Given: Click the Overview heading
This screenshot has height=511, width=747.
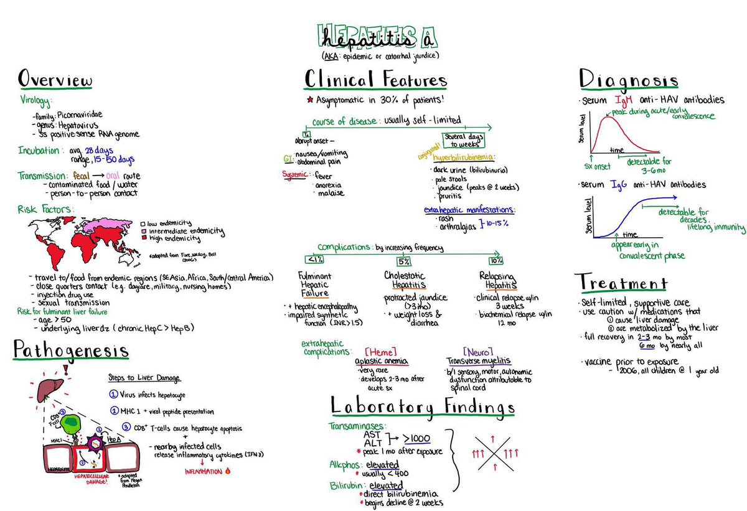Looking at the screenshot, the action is pos(55,81).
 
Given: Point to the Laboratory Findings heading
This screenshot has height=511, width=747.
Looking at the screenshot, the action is pos(423,407).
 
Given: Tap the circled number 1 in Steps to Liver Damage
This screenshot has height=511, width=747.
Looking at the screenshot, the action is pos(113,394).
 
